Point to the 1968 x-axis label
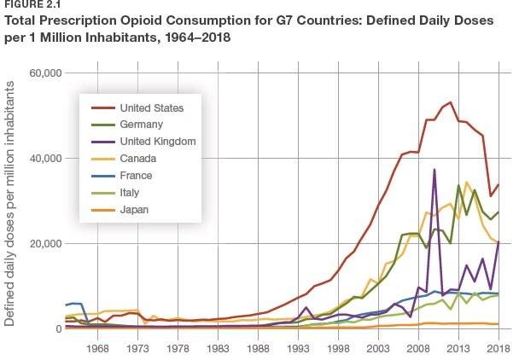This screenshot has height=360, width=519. [97, 349]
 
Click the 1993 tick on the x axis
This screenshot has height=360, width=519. [299, 349]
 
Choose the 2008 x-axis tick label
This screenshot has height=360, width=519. [418, 349]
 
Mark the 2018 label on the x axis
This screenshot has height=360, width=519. [498, 349]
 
